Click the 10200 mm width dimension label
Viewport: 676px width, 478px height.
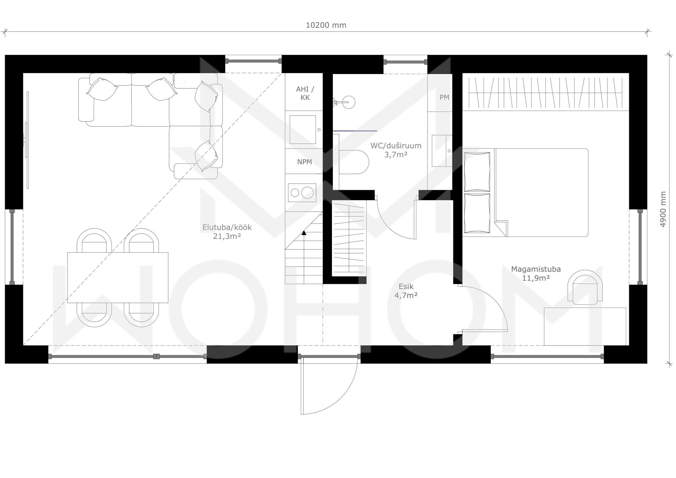326,25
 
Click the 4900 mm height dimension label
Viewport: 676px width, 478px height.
663,209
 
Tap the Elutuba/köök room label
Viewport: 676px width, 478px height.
227,227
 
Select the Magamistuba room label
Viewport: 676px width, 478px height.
536,269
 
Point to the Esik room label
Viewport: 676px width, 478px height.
406,286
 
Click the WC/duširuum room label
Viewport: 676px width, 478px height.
396,146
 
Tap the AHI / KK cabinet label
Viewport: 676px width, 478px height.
305,93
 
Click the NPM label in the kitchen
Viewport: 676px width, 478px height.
304,162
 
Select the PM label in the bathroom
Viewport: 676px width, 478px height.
444,97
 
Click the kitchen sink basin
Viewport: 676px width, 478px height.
303,130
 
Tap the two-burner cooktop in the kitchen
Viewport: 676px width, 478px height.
302,193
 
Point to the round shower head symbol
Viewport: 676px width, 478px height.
349,102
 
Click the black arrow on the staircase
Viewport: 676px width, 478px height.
304,233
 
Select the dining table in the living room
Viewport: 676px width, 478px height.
118,278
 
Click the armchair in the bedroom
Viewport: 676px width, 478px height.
585,287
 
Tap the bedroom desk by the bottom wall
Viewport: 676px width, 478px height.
585,326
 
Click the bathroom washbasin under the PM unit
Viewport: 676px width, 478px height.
442,151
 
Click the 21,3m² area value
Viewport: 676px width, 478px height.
227,236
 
